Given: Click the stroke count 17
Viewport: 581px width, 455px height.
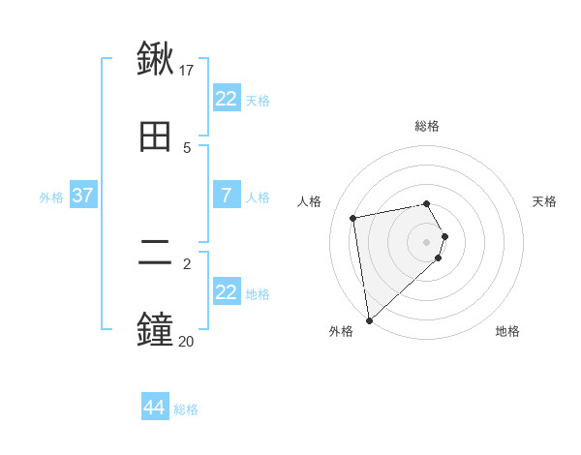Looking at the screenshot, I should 187,70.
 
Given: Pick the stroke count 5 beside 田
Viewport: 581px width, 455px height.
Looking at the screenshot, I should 187,147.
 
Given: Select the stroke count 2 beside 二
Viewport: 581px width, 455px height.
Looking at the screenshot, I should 187,263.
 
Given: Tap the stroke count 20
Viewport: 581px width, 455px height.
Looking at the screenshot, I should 187,341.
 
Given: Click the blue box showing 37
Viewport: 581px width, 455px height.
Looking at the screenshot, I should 82,196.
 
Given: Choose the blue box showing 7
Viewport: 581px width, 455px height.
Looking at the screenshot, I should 226,196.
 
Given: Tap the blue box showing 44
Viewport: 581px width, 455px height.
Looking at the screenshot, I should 154,408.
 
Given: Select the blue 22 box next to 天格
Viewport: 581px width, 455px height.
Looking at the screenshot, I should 226,99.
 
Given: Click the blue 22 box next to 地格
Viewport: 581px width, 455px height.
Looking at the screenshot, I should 226,292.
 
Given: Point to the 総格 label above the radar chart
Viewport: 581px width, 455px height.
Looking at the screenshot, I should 427,126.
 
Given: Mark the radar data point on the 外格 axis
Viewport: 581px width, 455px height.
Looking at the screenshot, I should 369,319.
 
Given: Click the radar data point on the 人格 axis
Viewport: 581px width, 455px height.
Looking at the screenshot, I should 353,217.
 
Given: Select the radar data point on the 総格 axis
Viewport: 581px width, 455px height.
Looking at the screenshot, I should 427,203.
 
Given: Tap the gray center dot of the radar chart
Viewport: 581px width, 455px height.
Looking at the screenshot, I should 427,241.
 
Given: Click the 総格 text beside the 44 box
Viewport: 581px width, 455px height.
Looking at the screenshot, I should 186,409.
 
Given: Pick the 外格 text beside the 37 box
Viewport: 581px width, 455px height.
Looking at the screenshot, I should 51,197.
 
